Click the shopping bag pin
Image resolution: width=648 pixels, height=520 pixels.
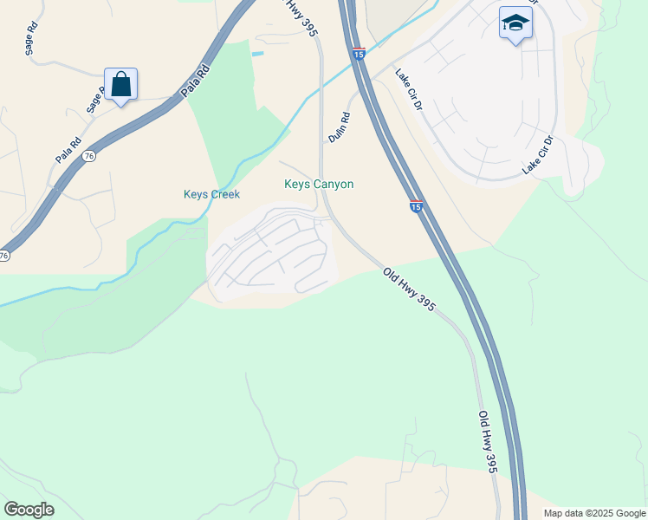point(121,85)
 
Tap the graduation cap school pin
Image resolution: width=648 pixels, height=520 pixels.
point(515,24)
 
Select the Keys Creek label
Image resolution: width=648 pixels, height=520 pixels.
point(211,194)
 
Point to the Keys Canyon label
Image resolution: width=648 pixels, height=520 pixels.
point(319,184)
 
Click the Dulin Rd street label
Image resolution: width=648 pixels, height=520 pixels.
point(339,127)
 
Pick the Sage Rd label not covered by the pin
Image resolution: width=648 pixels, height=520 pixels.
point(32,40)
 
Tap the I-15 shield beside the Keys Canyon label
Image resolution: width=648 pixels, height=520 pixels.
point(416,206)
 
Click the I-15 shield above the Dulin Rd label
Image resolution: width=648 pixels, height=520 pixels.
point(359,54)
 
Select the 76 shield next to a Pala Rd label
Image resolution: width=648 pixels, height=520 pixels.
point(88,155)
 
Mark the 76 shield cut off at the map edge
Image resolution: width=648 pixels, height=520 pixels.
point(4,256)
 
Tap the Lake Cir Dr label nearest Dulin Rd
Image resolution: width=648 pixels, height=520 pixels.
point(408,90)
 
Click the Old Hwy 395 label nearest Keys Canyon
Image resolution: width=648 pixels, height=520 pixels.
point(409,289)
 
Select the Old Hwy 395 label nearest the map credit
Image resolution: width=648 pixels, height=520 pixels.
point(488,441)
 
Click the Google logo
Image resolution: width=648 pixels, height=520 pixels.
point(29,510)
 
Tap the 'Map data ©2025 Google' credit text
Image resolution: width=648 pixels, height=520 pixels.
point(594,513)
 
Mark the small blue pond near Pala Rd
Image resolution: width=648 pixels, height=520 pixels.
point(257,54)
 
